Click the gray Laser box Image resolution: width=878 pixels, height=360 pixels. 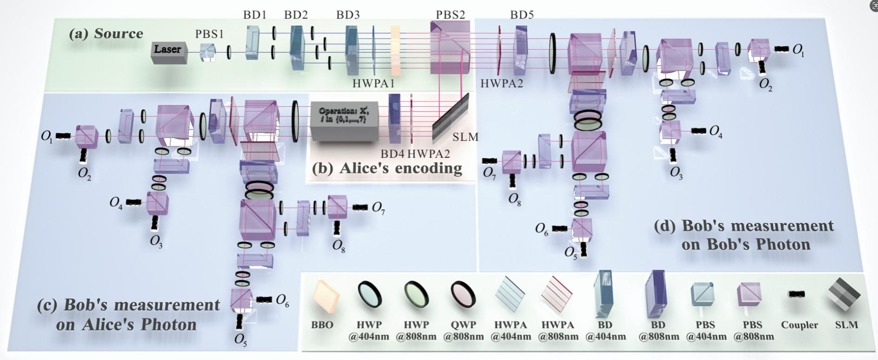[169, 52]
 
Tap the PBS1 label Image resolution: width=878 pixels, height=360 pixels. [209, 34]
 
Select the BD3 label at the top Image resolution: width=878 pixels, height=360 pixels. [348, 15]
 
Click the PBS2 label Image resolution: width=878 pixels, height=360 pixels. [450, 15]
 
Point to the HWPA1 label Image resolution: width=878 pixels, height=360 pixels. [373, 84]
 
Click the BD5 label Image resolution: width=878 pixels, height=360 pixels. [522, 15]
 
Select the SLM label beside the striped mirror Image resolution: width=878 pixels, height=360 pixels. [466, 137]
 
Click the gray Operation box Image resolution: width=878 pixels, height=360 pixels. [344, 120]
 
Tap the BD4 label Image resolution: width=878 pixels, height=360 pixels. [392, 154]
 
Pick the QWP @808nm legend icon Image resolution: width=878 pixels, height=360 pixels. [463, 295]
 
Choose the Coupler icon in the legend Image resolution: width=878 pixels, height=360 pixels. [797, 294]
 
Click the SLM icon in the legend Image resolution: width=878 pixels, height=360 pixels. [843, 294]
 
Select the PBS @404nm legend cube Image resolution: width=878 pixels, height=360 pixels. [702, 294]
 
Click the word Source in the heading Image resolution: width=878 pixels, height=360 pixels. [119, 33]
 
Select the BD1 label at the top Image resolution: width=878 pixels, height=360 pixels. [255, 15]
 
